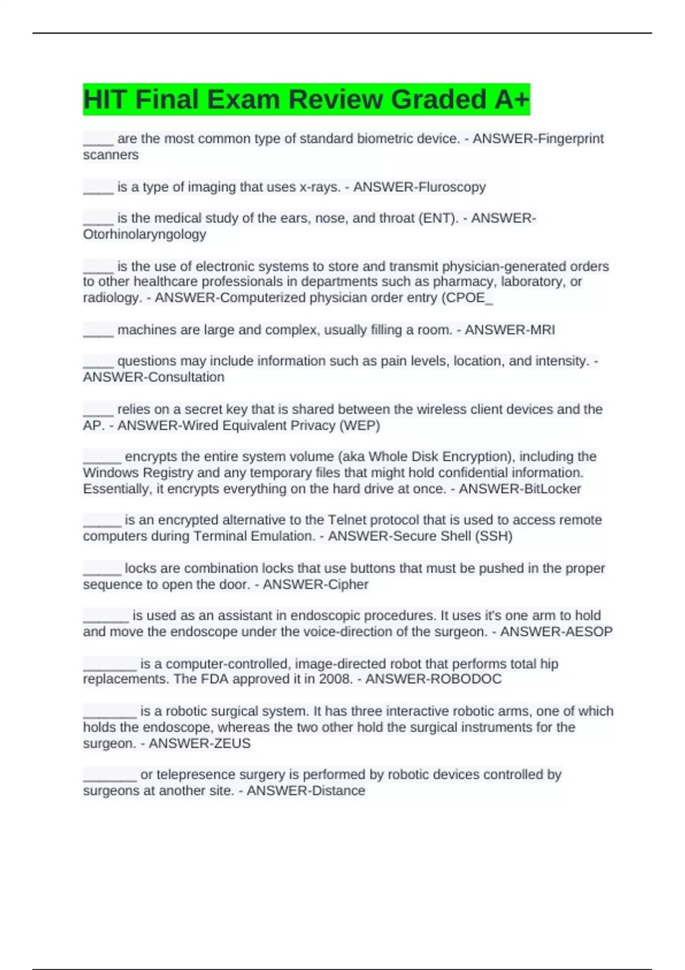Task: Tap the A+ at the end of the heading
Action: tap(512, 99)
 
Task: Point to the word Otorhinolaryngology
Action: tap(144, 235)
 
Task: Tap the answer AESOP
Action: tap(588, 632)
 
